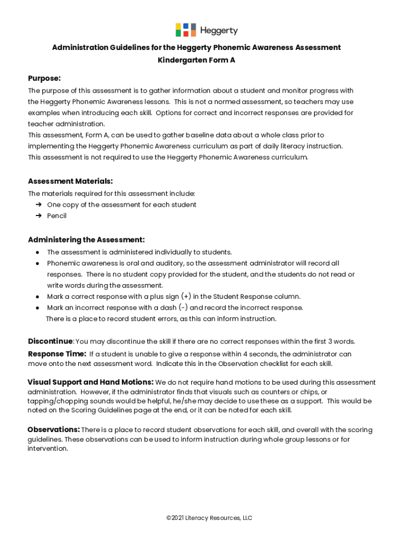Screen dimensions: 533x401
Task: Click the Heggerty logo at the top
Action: (206, 30)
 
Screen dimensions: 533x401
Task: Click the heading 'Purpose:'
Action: (44, 78)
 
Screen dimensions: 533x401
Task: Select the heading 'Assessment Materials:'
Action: (70, 181)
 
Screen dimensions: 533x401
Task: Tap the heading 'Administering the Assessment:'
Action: (86, 240)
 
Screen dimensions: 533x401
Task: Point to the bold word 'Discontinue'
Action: (50, 341)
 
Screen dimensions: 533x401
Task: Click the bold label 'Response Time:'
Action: (57, 354)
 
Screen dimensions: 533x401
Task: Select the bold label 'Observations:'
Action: (54, 429)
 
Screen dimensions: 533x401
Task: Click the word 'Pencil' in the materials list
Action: (57, 215)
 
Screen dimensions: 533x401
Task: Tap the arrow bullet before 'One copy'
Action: (39, 205)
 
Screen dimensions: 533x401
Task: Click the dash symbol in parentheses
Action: (183, 307)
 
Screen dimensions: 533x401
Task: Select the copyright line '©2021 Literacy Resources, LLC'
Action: (209, 518)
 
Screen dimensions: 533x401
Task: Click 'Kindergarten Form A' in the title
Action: (196, 60)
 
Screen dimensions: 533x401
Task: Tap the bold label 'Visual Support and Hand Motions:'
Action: (90, 382)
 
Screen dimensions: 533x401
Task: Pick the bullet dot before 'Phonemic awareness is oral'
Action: (38, 263)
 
